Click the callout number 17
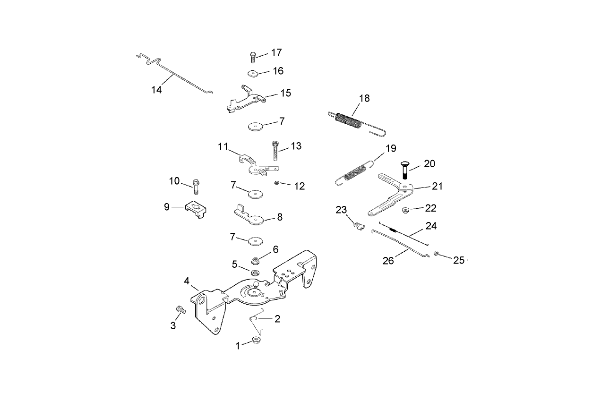pos(276,52)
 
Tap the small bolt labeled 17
pos(253,57)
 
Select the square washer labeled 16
pos(252,73)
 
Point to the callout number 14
pos(156,90)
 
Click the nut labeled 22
pos(405,210)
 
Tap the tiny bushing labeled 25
pos(437,255)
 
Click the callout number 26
pos(388,261)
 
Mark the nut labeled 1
pos(257,340)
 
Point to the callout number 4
pos(187,281)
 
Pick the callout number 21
pos(437,186)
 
